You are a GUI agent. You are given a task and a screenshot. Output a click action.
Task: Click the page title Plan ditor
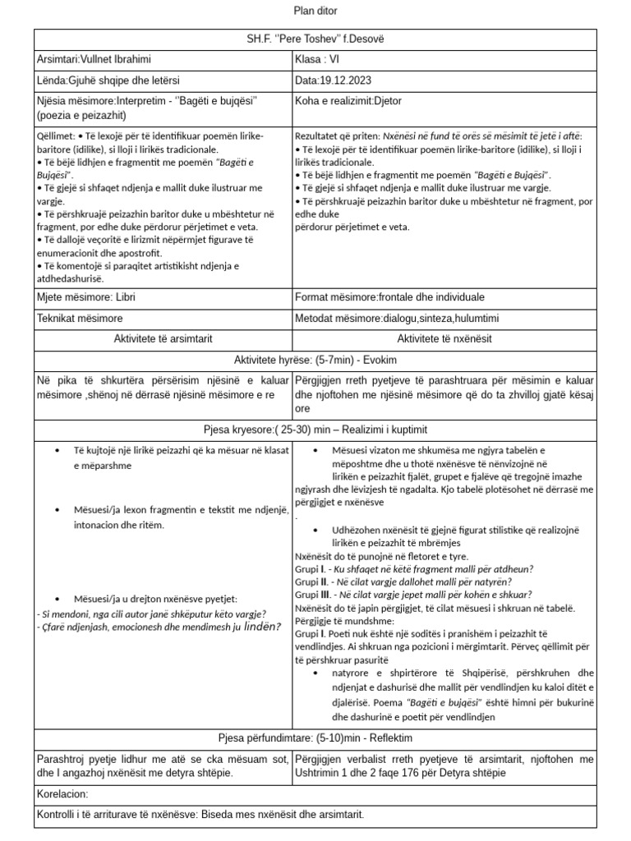pos(315,11)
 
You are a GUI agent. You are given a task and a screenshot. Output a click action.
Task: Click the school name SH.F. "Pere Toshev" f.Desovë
pos(315,39)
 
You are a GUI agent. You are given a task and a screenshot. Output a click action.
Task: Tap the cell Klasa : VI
pos(316,59)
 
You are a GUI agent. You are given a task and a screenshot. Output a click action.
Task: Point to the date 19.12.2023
pos(346,80)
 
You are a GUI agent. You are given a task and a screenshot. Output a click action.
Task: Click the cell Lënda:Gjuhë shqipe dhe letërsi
pos(108,80)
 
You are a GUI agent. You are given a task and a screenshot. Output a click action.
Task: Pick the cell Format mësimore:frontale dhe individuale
pos(389,296)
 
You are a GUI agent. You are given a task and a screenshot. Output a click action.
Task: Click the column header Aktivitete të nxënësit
pos(444,338)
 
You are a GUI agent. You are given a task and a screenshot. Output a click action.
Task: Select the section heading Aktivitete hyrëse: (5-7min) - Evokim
pos(315,360)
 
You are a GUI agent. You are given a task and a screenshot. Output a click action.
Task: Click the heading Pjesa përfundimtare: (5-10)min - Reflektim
pos(315,738)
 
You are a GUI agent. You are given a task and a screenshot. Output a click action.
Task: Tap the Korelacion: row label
pos(62,794)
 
